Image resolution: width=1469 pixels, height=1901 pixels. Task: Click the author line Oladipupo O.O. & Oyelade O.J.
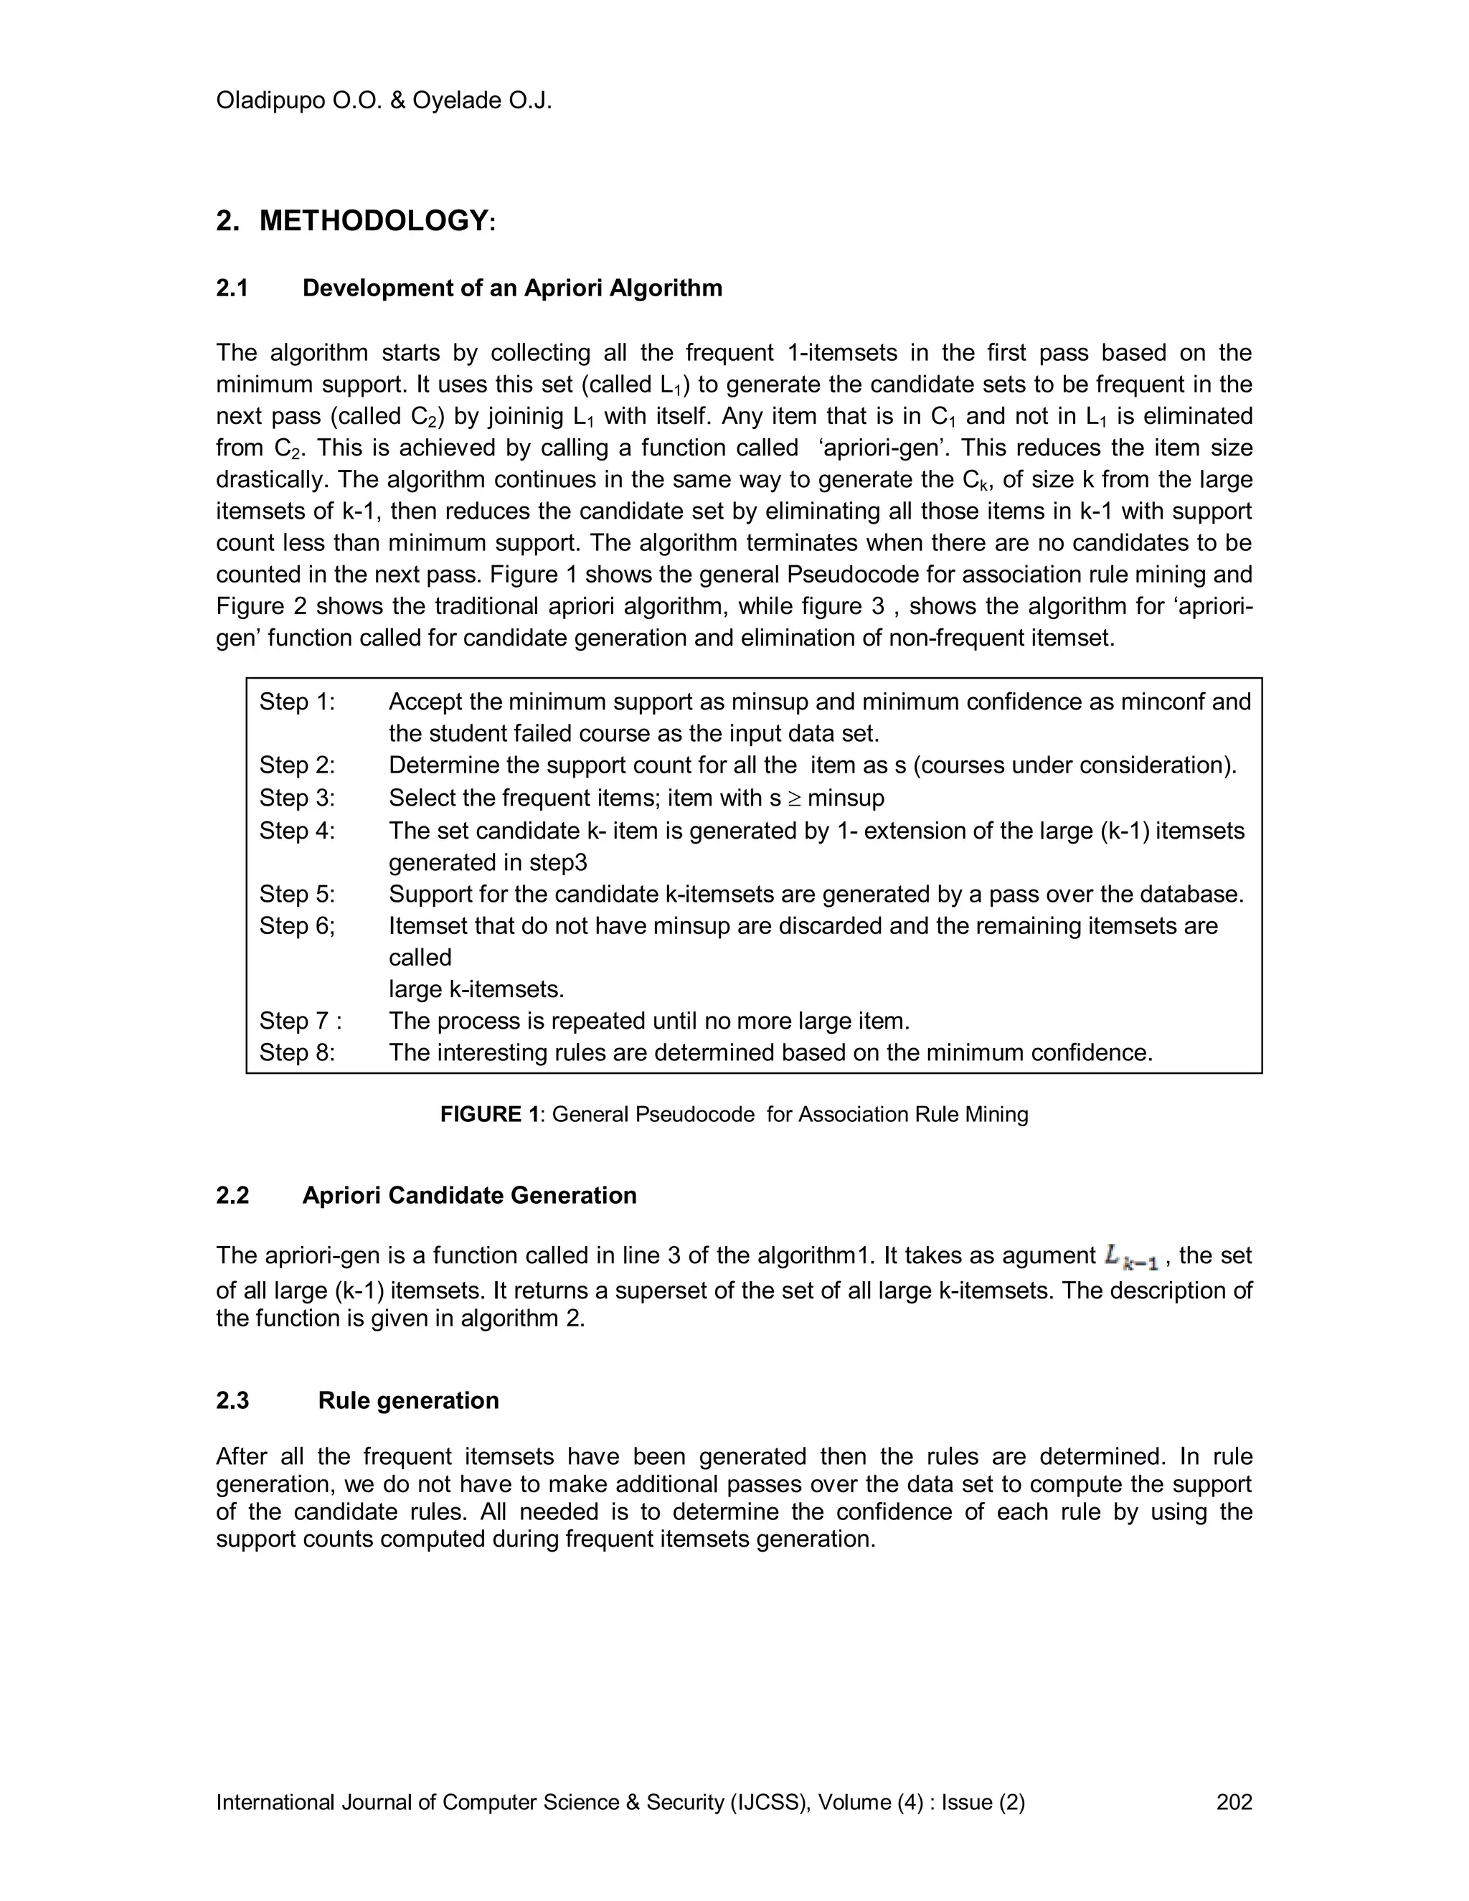pyautogui.click(x=384, y=101)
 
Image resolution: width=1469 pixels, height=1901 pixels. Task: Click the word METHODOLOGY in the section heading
pyautogui.click(x=373, y=221)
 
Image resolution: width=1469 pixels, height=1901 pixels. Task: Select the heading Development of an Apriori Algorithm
pyautogui.click(x=511, y=288)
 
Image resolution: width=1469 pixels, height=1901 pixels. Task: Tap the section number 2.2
pyautogui.click(x=232, y=1195)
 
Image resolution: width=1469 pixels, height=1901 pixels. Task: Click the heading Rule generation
pyautogui.click(x=408, y=1400)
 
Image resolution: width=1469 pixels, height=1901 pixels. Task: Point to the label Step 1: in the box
pyautogui.click(x=297, y=702)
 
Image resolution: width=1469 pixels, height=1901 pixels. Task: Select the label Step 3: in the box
pyautogui.click(x=297, y=798)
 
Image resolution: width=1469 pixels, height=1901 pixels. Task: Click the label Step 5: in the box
pyautogui.click(x=297, y=894)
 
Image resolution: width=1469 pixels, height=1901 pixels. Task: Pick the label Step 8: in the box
pyautogui.click(x=297, y=1053)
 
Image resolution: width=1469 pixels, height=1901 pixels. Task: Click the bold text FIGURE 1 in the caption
pyautogui.click(x=489, y=1115)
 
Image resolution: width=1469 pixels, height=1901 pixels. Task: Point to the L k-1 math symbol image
pyautogui.click(x=1130, y=1257)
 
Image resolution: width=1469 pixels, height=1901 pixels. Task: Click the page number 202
pyautogui.click(x=1233, y=1802)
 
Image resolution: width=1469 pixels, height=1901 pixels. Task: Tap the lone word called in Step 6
pyautogui.click(x=420, y=958)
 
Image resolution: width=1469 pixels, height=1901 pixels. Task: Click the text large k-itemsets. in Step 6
pyautogui.click(x=476, y=990)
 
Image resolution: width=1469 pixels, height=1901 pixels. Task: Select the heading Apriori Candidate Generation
pyautogui.click(x=469, y=1195)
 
